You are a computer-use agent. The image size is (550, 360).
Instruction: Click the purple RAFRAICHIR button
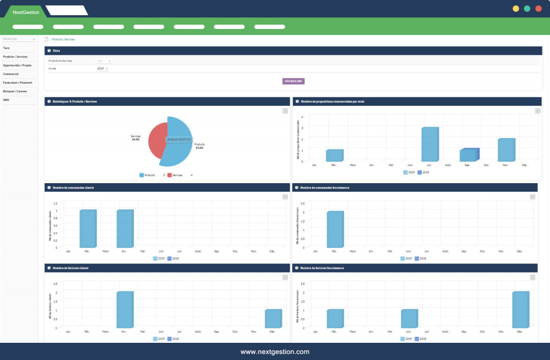click(x=293, y=81)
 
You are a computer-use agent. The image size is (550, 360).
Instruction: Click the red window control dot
click(x=538, y=9)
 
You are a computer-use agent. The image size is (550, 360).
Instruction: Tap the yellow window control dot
click(x=516, y=9)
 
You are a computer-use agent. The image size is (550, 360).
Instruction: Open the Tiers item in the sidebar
click(x=6, y=48)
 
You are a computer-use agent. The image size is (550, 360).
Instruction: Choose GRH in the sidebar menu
click(x=6, y=100)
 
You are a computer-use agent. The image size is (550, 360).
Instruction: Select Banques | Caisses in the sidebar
click(x=15, y=91)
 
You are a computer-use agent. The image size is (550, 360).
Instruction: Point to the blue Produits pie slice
click(x=180, y=148)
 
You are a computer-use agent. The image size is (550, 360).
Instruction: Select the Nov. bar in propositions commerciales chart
click(x=506, y=150)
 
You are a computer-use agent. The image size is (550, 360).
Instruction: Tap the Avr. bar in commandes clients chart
click(x=125, y=228)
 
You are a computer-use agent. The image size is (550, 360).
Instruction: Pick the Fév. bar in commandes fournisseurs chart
click(x=335, y=229)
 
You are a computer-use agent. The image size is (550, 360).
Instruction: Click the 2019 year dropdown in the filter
click(x=102, y=69)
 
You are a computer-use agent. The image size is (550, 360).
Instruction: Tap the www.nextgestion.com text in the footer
click(x=274, y=352)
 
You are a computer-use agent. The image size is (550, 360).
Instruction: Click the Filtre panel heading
click(x=56, y=51)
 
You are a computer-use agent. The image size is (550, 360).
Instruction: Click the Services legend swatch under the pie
click(x=170, y=175)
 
